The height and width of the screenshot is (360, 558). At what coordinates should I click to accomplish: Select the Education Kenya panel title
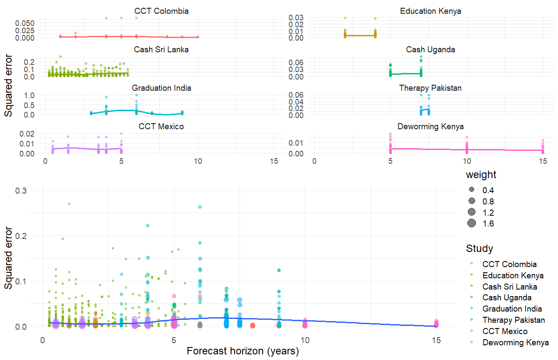pyautogui.click(x=431, y=11)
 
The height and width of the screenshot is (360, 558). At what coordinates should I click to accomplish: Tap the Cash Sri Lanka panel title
pyautogui.click(x=162, y=49)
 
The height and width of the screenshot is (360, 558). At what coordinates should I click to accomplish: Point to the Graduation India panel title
pyautogui.click(x=162, y=88)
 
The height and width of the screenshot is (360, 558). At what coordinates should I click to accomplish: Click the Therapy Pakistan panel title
pyautogui.click(x=431, y=88)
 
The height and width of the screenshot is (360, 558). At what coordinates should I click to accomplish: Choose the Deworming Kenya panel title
pyautogui.click(x=431, y=126)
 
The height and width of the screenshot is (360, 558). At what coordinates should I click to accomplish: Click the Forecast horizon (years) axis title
pyautogui.click(x=243, y=351)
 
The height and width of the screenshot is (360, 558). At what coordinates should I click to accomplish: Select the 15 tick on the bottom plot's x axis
pyautogui.click(x=436, y=340)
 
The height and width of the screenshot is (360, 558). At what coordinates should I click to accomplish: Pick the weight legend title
pyautogui.click(x=481, y=175)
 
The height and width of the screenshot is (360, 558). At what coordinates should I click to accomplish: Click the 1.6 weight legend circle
pyautogui.click(x=471, y=223)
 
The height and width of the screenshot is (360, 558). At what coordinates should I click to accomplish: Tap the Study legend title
pyautogui.click(x=479, y=248)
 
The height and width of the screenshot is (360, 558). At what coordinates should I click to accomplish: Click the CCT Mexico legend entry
pyautogui.click(x=505, y=331)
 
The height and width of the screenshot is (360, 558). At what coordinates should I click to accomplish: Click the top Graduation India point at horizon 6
pyautogui.click(x=200, y=207)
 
